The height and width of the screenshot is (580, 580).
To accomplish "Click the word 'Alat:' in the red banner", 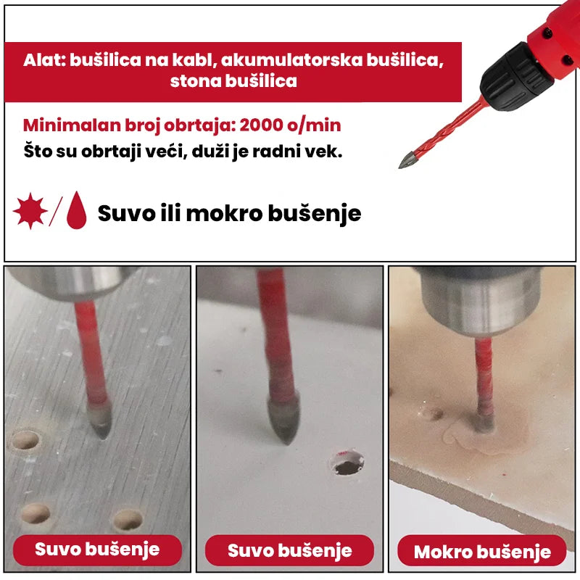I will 44,59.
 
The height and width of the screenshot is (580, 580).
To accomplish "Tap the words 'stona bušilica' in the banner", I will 233,81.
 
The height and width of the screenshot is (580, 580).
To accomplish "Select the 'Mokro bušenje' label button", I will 482,552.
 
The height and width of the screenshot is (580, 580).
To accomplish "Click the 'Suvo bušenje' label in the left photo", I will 97,549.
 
